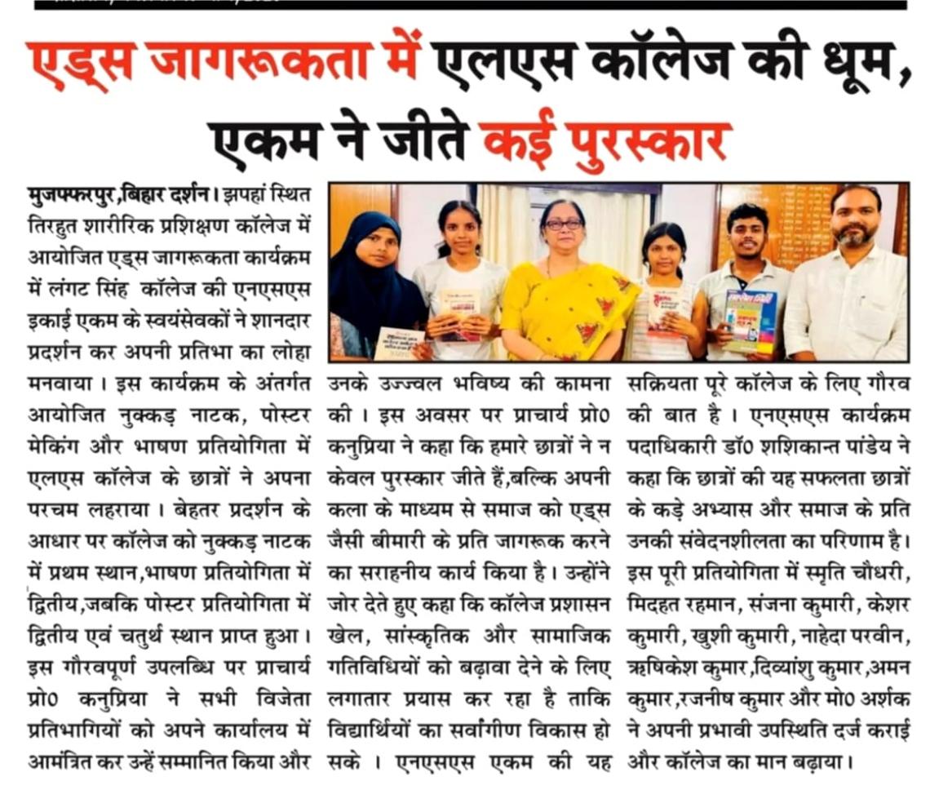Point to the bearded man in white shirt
(852, 277)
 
